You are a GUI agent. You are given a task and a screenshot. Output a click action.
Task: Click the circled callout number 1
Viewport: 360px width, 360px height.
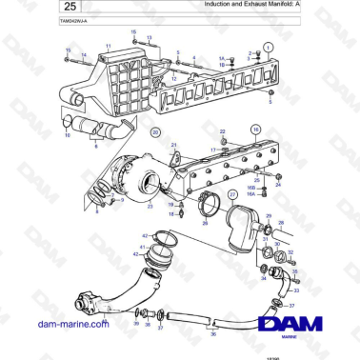(x=268, y=47)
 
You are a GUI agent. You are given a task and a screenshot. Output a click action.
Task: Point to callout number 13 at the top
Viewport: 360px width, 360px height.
(x=133, y=32)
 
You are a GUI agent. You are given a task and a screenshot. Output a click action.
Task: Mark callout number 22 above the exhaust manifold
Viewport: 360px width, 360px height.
(x=222, y=131)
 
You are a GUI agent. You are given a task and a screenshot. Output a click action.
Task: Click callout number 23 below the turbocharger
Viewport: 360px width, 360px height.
(x=149, y=206)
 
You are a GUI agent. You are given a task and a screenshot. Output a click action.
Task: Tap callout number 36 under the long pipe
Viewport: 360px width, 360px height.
(x=213, y=333)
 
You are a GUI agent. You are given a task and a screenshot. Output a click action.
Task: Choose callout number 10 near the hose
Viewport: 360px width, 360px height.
(x=67, y=135)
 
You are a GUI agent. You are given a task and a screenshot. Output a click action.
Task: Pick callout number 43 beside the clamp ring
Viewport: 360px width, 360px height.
(x=144, y=235)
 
